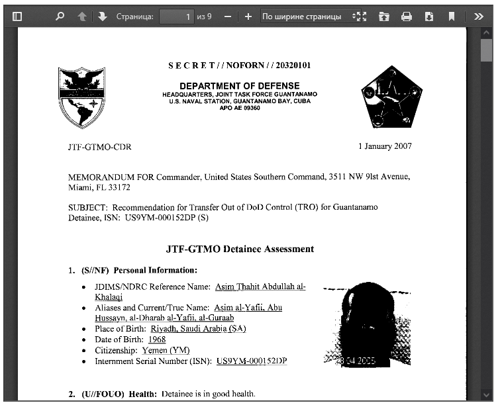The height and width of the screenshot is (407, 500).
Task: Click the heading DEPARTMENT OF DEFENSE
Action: click(239, 86)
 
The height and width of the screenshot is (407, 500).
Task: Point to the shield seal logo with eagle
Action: click(81, 97)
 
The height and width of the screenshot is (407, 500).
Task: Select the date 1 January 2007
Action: click(385, 146)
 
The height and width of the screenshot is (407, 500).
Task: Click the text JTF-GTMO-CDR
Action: click(99, 147)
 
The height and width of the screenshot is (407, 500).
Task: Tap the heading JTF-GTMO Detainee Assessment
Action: click(239, 249)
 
